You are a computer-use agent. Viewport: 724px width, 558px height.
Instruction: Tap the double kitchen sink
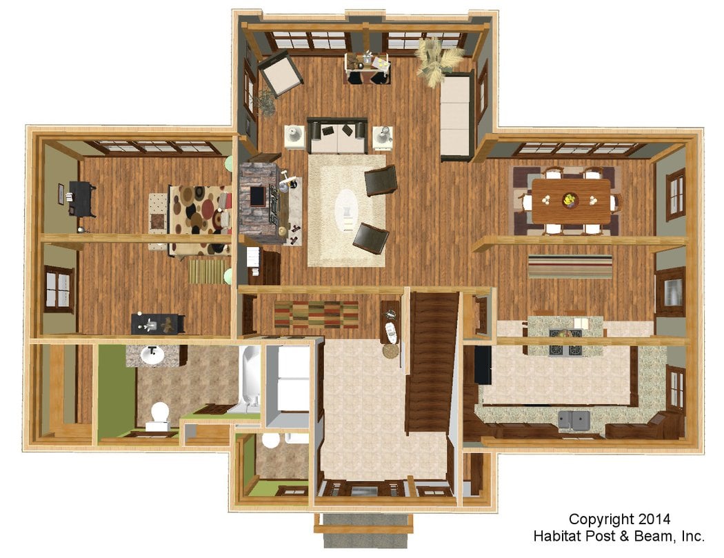574,420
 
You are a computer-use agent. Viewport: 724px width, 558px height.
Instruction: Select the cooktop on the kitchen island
566,343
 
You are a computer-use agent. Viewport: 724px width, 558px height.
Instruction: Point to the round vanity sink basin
152,355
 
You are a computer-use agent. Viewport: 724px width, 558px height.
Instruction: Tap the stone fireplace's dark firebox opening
258,195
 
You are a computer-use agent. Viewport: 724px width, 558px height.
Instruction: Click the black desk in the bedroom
82,199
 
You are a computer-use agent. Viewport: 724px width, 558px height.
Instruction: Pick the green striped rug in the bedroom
207,271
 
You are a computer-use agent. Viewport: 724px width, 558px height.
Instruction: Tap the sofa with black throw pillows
338,136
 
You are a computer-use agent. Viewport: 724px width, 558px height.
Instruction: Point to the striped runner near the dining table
570,266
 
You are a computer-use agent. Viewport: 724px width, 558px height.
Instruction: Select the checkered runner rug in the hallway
316,314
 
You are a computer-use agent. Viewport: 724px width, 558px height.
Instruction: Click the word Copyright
601,519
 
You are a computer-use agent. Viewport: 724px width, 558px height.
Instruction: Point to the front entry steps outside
363,530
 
